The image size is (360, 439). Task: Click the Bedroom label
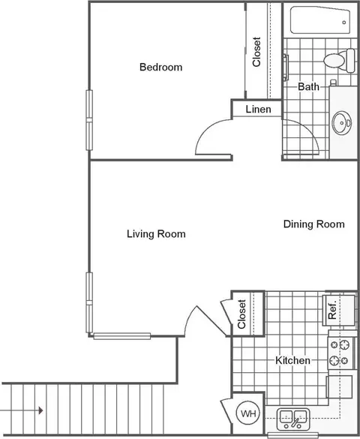tap(160, 68)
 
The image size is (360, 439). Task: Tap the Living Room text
tap(156, 234)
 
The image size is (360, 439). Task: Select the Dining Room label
tap(313, 224)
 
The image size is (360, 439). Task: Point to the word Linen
tap(258, 110)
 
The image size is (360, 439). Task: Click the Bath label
tap(308, 86)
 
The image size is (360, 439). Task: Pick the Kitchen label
tap(292, 360)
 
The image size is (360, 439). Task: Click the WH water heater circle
tap(248, 413)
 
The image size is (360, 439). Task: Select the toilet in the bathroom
tap(339, 60)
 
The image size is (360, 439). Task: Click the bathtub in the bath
tap(320, 20)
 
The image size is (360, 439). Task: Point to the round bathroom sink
tap(341, 123)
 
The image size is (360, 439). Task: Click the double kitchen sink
tap(293, 419)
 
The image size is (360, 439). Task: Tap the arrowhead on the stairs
tap(40, 410)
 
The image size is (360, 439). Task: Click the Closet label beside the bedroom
tap(256, 52)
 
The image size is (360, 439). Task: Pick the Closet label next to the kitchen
tap(241, 314)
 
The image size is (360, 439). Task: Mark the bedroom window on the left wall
tap(89, 120)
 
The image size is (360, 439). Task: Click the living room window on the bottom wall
tap(122, 336)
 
